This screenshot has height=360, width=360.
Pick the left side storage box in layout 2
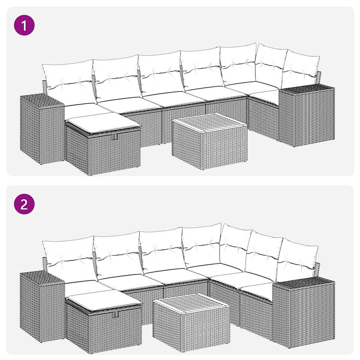(x=41, y=306)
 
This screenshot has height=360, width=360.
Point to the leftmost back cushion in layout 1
(x=69, y=82)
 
